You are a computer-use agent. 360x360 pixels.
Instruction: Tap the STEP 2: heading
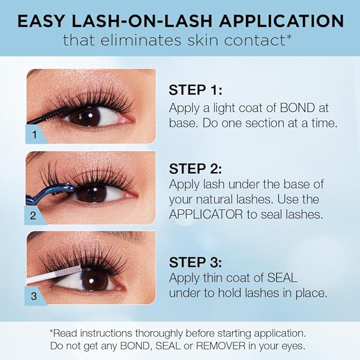pyautogui.click(x=195, y=169)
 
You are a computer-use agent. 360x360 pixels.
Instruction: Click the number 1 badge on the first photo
pyautogui.click(x=34, y=135)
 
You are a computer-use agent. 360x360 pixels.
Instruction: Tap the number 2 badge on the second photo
pyautogui.click(x=34, y=216)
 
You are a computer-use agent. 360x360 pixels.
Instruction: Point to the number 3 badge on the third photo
pyautogui.click(x=34, y=296)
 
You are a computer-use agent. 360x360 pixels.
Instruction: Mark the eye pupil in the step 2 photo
pyautogui.click(x=89, y=193)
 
